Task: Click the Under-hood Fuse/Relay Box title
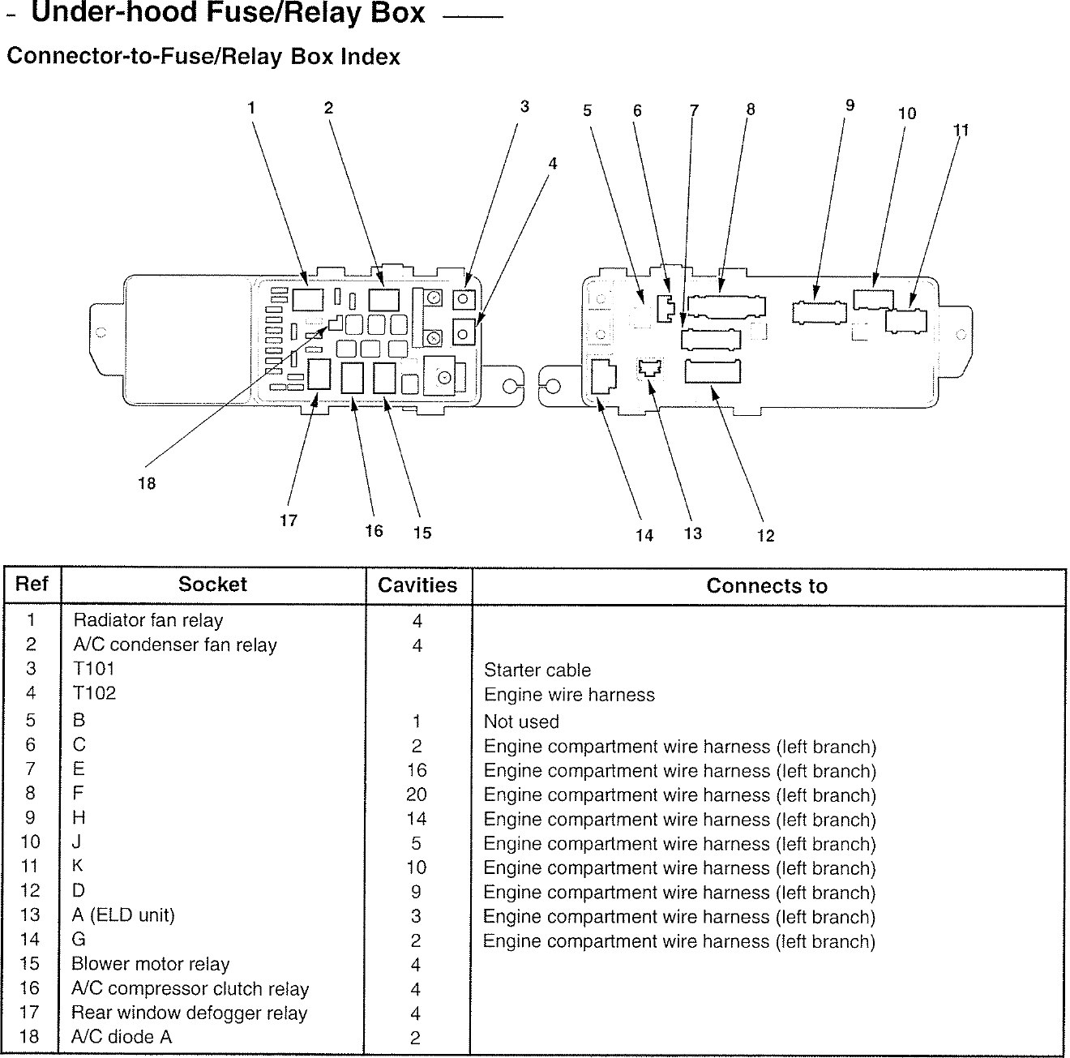point(228,14)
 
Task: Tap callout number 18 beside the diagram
point(147,484)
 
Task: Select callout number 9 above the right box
point(850,105)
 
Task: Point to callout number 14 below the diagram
point(644,535)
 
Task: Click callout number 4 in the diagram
point(552,164)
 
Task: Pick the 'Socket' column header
point(212,585)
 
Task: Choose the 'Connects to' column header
point(767,586)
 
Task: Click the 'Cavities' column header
point(417,585)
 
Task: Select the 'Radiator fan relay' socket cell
point(148,621)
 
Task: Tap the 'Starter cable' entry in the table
point(537,670)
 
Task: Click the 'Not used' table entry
point(521,722)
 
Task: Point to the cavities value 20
point(416,795)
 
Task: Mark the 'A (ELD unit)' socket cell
point(123,916)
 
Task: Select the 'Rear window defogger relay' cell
point(190,1013)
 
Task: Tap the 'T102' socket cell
point(94,693)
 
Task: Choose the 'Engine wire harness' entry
point(569,695)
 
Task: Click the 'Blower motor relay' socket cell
point(151,965)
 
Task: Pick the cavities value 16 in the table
point(416,770)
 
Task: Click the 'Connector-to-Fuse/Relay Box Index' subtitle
point(203,57)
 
